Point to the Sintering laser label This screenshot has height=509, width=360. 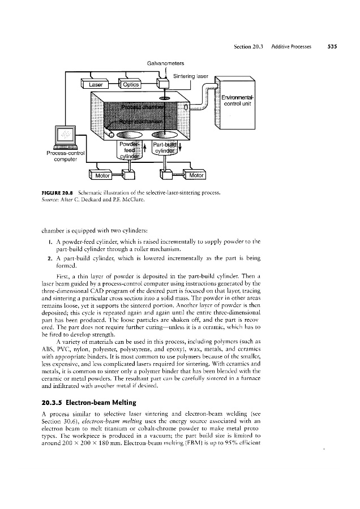click(x=190, y=75)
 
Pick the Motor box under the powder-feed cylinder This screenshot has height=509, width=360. click(x=103, y=175)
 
